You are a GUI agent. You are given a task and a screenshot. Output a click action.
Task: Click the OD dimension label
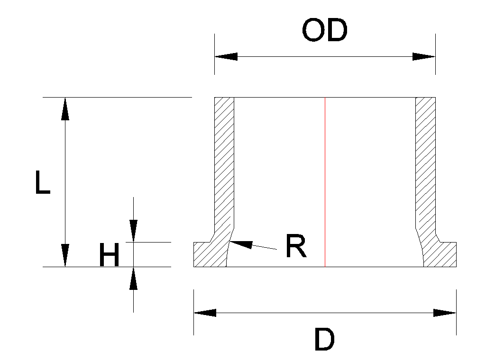pyautogui.click(x=325, y=31)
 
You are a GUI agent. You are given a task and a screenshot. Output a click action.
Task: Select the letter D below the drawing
pyautogui.click(x=324, y=341)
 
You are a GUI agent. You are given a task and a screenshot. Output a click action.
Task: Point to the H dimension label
pyautogui.click(x=109, y=256)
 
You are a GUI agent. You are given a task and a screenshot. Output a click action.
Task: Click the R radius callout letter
pyautogui.click(x=296, y=246)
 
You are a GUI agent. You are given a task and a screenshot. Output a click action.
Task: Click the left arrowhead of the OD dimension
pyautogui.click(x=226, y=56)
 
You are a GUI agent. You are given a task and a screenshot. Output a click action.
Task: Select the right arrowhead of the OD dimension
pyautogui.click(x=424, y=56)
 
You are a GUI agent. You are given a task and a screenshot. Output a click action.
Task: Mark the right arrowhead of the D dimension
pyautogui.click(x=445, y=313)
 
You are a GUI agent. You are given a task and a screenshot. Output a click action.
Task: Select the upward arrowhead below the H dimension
pyautogui.click(x=134, y=279)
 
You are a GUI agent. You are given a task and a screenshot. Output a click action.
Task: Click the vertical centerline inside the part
pyautogui.click(x=325, y=180)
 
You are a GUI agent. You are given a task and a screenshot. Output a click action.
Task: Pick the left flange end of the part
pyautogui.click(x=202, y=254)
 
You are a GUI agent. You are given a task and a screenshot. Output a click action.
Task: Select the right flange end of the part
pyautogui.click(x=449, y=254)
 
